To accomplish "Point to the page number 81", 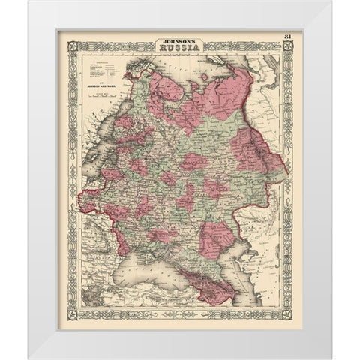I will tap(289, 37).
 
